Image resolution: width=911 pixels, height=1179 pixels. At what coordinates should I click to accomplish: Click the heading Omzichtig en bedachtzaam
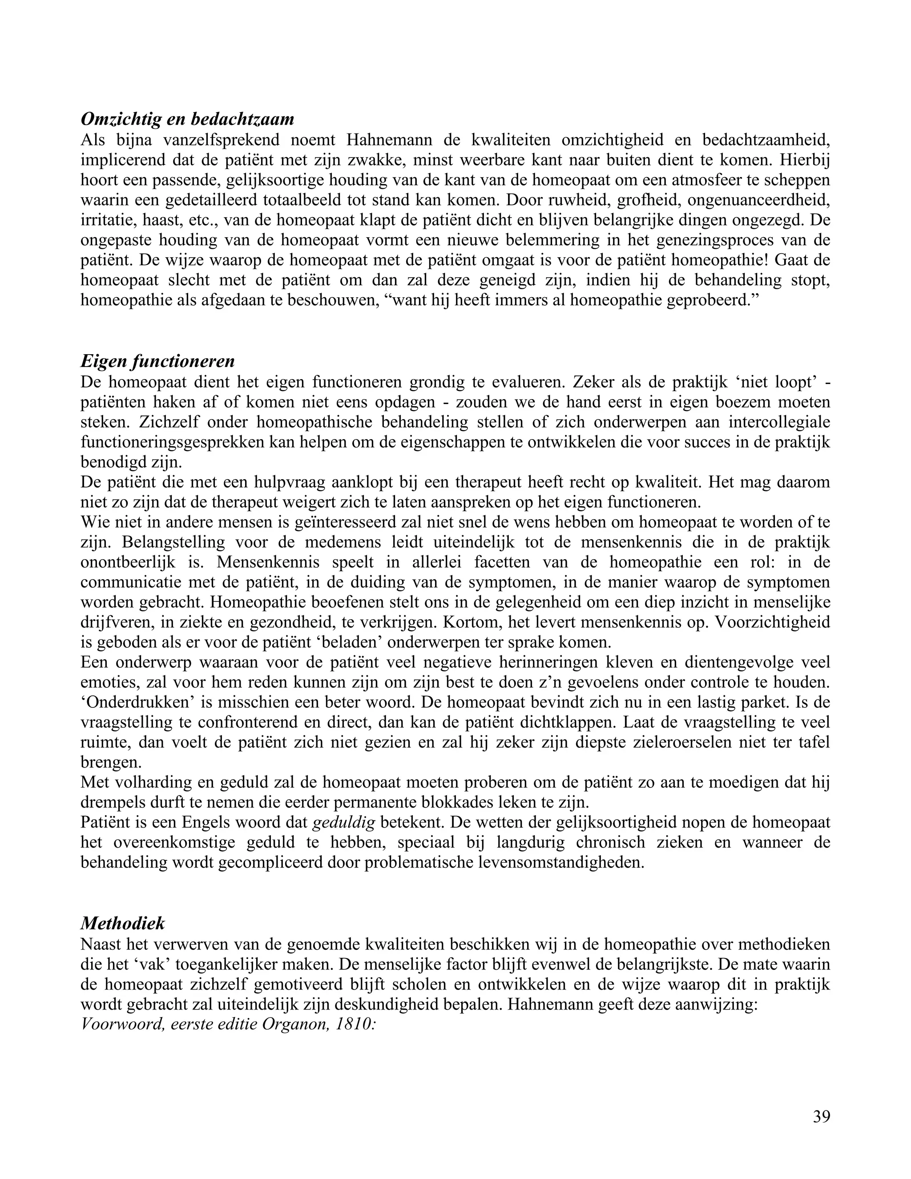(187, 119)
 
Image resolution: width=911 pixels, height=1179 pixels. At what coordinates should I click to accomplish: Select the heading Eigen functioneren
(157, 361)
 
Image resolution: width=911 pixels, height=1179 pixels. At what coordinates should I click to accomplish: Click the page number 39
(821, 1116)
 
